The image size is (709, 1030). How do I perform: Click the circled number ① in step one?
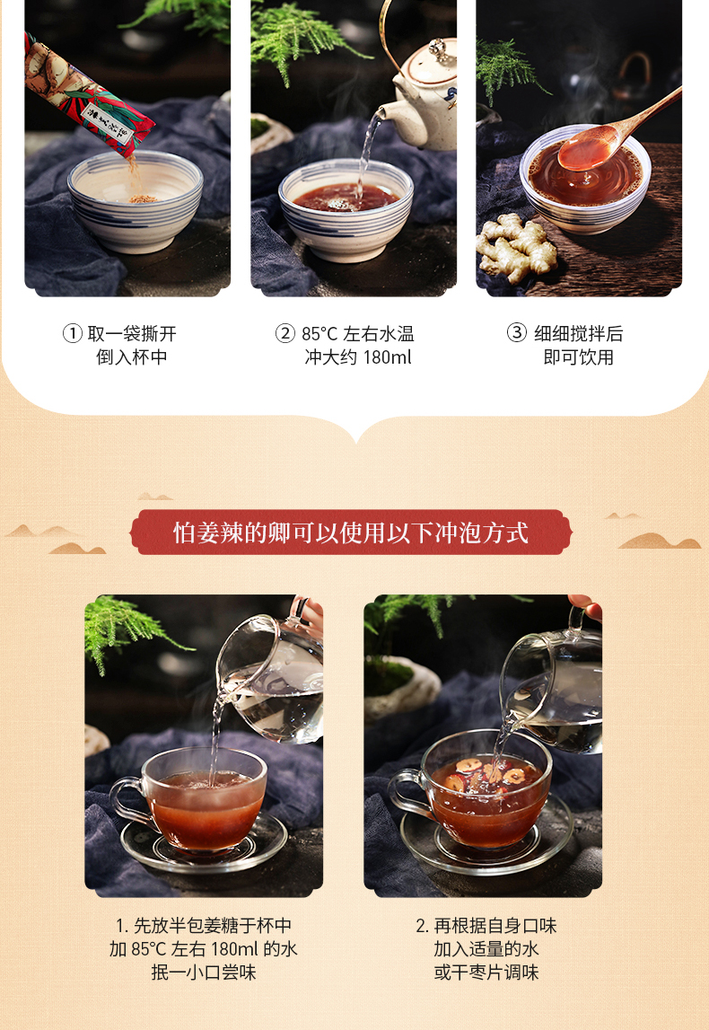72,334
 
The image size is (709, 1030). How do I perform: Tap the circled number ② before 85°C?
284,334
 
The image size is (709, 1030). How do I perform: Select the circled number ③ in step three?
517,333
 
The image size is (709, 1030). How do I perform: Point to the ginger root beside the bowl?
517,249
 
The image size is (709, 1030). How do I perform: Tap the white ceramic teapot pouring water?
424,99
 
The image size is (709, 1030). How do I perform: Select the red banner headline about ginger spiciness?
351,533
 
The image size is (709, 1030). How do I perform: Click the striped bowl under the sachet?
136,201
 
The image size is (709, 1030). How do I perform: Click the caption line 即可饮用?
578,357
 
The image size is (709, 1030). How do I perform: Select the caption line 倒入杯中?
132,357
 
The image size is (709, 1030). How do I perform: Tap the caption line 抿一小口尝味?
204,973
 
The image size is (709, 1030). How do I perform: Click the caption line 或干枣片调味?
486,973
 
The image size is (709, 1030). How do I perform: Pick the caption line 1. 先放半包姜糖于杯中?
204,926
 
